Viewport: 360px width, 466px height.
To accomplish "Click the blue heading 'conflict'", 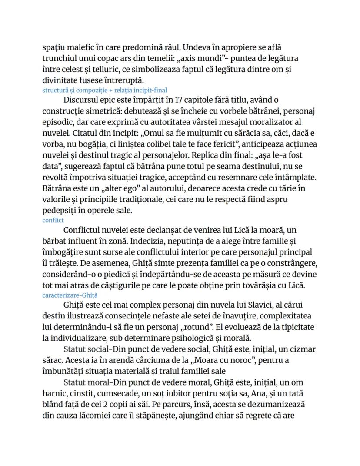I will point(53,220).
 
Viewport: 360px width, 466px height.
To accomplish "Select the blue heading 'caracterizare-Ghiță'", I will point(70,295).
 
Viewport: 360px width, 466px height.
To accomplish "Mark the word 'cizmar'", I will point(303,349).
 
